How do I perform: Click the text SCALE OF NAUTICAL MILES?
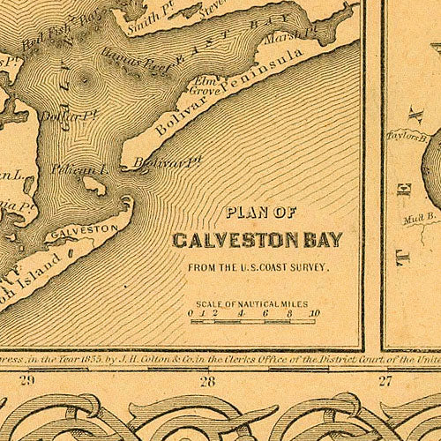click(252, 303)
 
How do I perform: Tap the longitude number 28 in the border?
click(207, 381)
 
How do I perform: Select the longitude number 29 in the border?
click(26, 381)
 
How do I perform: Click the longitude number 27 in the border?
click(385, 381)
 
